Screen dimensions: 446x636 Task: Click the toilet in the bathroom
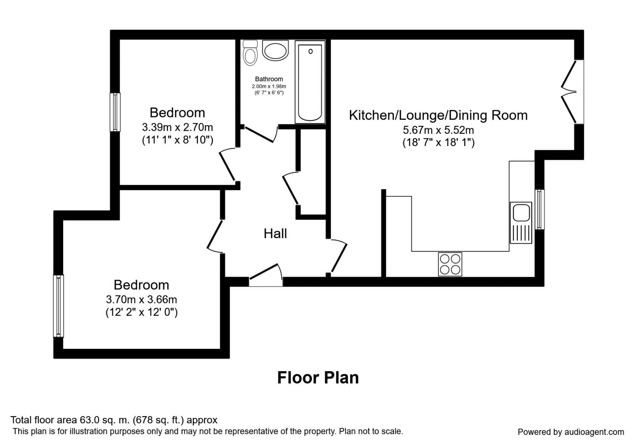[250, 53]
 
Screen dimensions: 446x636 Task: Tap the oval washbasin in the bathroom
[275, 51]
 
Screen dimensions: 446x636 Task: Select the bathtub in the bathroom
[310, 82]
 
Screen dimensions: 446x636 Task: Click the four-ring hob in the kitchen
[450, 264]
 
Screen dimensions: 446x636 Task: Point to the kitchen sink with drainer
[521, 223]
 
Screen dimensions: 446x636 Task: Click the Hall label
[275, 234]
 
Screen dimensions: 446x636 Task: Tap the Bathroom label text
[269, 79]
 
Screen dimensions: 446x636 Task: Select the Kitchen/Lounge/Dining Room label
[438, 115]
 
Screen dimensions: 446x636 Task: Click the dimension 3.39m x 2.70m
[177, 127]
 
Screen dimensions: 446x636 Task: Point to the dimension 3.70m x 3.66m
[141, 299]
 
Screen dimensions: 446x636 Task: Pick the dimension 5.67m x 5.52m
[438, 130]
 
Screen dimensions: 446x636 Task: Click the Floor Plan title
[318, 378]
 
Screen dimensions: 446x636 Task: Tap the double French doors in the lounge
[572, 92]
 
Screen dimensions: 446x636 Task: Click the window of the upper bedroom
[115, 112]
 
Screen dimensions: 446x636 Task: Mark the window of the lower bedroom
[58, 306]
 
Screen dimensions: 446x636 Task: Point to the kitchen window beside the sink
[539, 209]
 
